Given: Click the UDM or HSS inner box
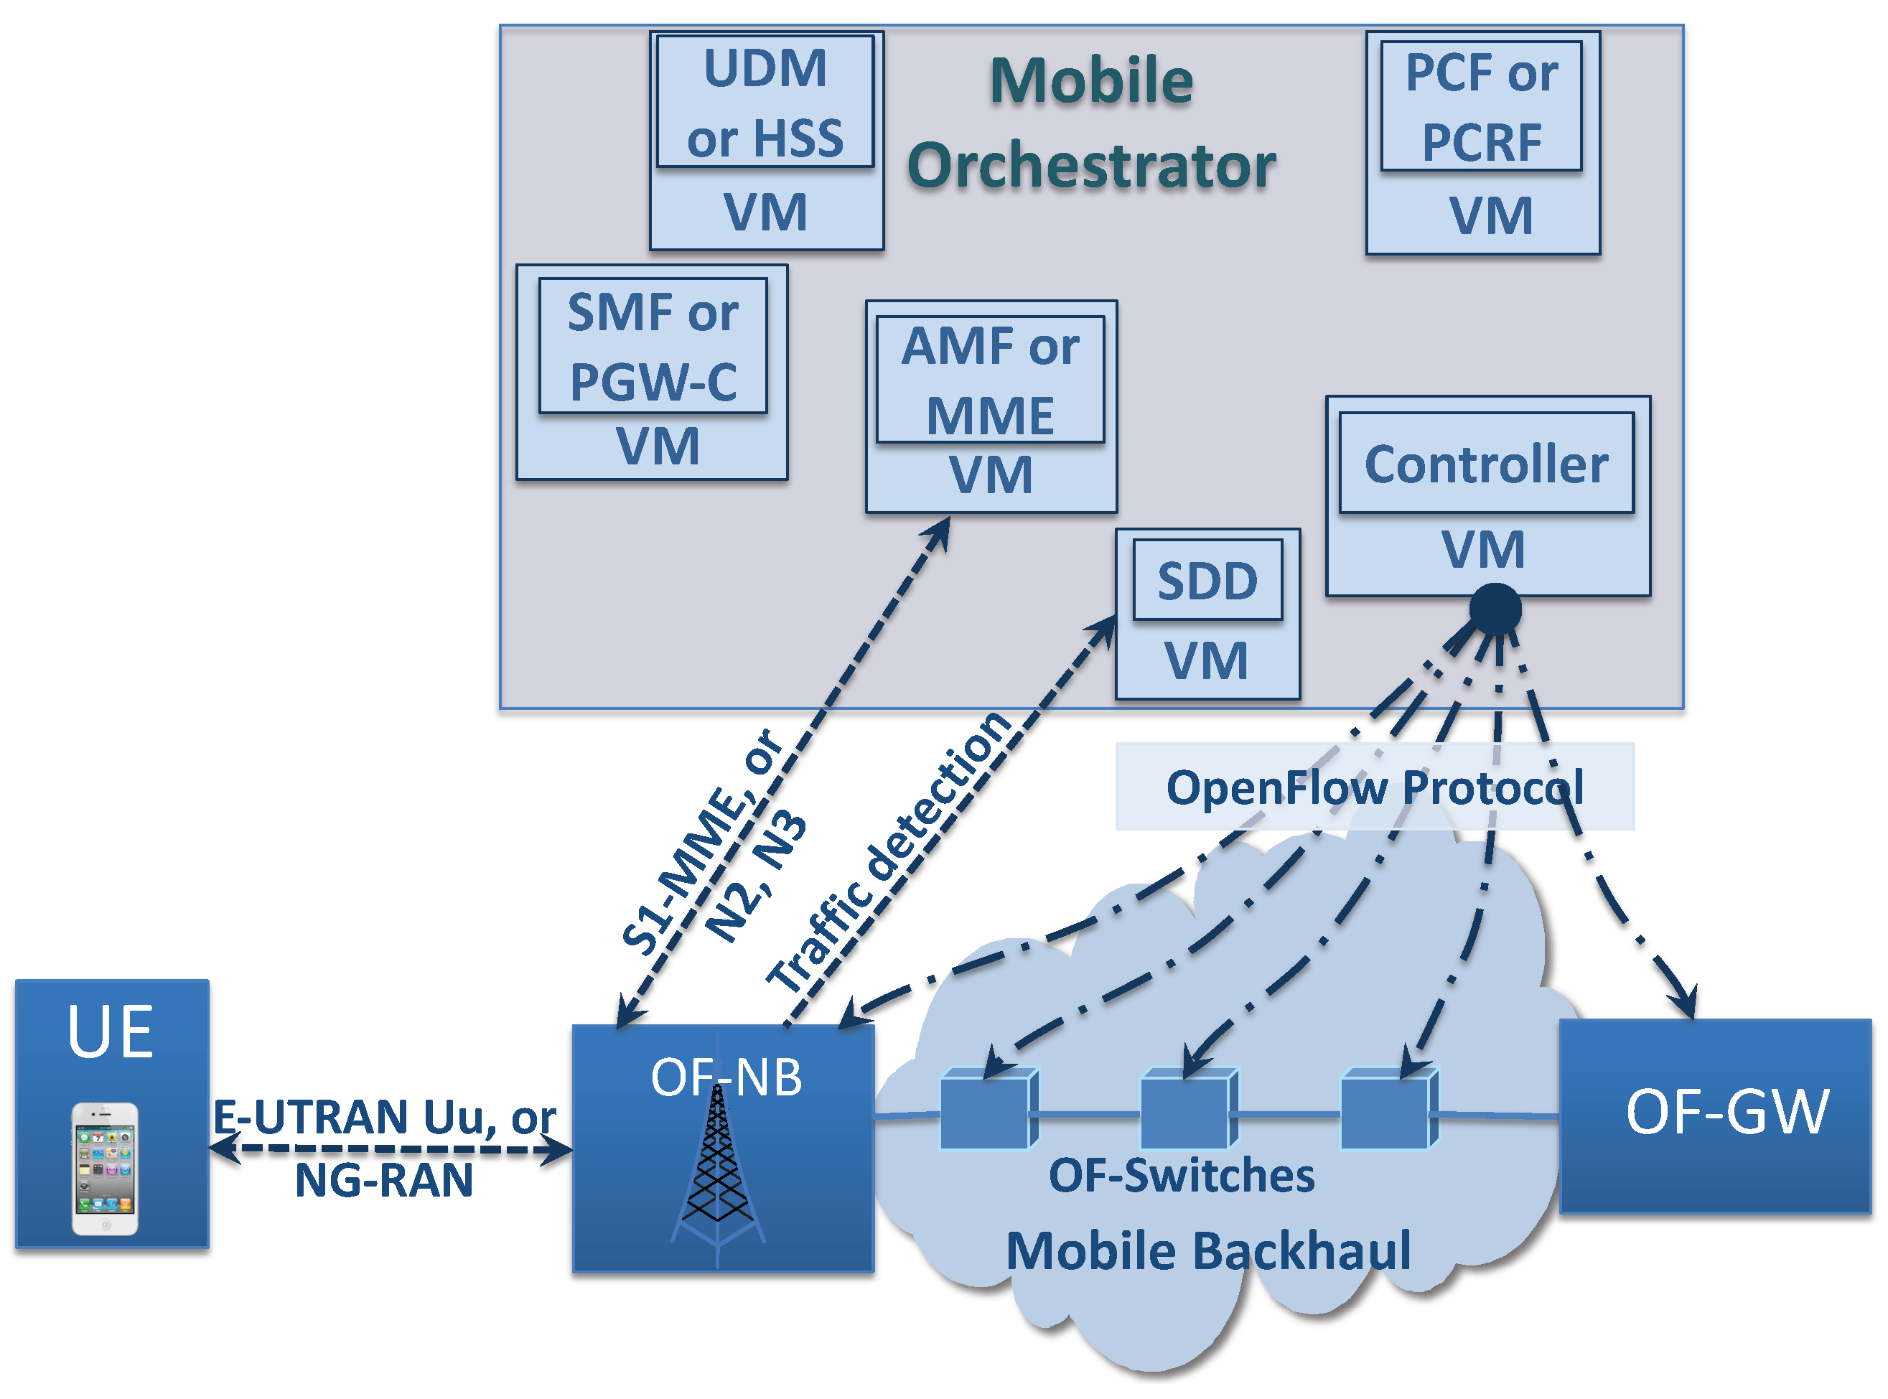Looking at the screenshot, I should click(765, 102).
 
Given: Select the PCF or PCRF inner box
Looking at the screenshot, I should click(1480, 106).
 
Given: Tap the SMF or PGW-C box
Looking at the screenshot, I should click(653, 345).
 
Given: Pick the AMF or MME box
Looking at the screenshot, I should click(989, 380).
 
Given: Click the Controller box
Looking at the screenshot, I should click(1486, 463).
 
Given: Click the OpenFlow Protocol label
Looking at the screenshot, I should click(1374, 787).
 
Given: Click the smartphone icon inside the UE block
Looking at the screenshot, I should click(104, 1168).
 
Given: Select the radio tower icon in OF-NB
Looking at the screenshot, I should click(717, 1169).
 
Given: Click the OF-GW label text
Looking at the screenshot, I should click(1726, 1111).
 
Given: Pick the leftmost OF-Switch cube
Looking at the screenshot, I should click(988, 1110).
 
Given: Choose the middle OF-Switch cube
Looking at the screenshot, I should click(1187, 1110).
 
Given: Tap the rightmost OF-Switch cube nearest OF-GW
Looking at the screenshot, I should click(1388, 1110).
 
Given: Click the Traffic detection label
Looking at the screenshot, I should click(889, 851).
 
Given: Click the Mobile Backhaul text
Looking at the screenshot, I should click(1208, 1251).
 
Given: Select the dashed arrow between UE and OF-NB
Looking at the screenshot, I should click(390, 1149).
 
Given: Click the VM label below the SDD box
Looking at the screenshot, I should click(1206, 660).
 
